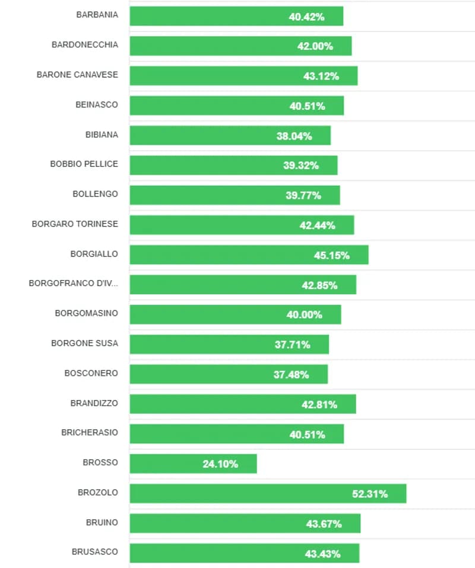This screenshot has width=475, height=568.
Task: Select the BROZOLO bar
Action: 267,493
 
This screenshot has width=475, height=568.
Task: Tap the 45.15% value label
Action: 331,255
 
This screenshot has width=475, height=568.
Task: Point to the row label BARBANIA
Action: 97,15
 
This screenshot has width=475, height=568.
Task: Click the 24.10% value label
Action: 220,464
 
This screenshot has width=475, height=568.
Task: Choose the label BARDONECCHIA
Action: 85,45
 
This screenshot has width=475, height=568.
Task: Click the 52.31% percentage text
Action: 370,493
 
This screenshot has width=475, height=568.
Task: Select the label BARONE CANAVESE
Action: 77,75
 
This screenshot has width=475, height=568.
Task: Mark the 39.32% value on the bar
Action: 300,166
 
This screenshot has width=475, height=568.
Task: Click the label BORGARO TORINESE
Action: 75,224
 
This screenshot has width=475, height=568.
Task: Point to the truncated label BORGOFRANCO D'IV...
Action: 73,283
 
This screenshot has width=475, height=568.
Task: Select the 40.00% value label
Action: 304,315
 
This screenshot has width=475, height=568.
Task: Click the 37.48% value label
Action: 291,375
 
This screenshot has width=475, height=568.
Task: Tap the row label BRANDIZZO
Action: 94,403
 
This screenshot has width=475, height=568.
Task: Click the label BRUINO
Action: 102,522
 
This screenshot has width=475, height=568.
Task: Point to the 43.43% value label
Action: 322,553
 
